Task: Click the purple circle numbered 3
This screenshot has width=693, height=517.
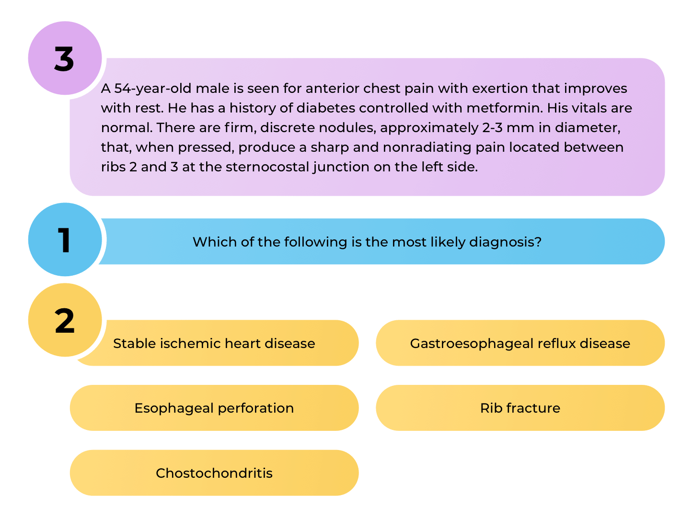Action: click(x=65, y=58)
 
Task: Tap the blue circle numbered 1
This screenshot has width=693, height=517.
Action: click(x=65, y=239)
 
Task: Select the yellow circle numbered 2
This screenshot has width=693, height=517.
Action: click(x=65, y=320)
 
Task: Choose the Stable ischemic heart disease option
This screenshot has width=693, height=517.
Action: click(x=214, y=343)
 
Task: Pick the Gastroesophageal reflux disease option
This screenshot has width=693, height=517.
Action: click(x=520, y=343)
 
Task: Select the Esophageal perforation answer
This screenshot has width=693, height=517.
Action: click(x=214, y=408)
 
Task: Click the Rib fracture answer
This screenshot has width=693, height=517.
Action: click(x=520, y=408)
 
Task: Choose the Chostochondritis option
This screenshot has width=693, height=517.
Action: click(x=214, y=473)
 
